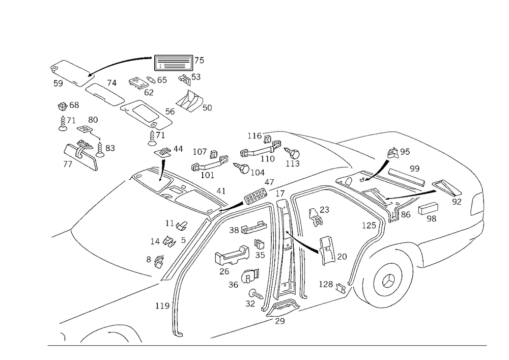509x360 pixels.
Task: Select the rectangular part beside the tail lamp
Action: click(428, 209)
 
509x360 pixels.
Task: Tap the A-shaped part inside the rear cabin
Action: click(328, 252)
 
